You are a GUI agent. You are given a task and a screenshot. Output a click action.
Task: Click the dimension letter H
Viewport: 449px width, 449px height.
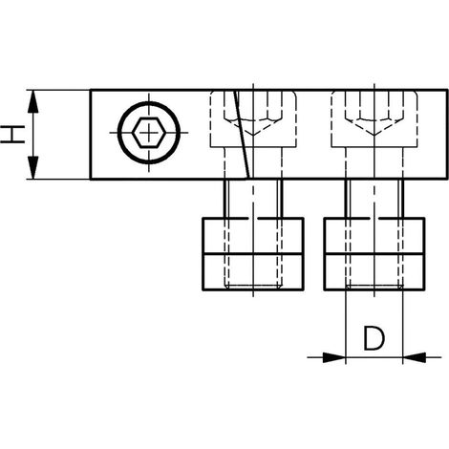(x=12, y=134)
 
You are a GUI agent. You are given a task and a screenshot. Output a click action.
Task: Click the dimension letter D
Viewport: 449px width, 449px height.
(x=374, y=338)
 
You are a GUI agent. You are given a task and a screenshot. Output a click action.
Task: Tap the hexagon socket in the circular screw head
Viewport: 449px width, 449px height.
(x=149, y=132)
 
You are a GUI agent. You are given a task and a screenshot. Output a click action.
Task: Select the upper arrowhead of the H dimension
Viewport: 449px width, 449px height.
(x=33, y=101)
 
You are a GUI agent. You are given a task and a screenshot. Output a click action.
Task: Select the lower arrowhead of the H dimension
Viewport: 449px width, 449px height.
(x=33, y=167)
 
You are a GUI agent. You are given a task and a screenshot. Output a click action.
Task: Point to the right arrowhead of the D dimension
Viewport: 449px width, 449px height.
(x=415, y=357)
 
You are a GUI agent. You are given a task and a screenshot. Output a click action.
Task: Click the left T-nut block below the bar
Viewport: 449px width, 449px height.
(x=253, y=254)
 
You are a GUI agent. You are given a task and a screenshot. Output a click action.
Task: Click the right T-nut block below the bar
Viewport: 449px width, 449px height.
(x=374, y=254)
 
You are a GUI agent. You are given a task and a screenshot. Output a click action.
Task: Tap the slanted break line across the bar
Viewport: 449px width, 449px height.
(x=243, y=135)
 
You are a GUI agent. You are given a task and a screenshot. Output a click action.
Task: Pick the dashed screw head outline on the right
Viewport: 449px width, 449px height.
(x=374, y=119)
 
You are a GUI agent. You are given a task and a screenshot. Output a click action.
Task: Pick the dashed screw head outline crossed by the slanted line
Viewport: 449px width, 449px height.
(x=253, y=119)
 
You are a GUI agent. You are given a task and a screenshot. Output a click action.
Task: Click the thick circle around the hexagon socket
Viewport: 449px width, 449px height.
(x=149, y=103)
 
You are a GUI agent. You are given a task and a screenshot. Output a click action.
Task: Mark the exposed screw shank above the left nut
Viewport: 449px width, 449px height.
(x=253, y=199)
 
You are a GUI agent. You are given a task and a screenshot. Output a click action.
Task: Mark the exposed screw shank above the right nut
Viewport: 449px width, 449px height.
(x=374, y=199)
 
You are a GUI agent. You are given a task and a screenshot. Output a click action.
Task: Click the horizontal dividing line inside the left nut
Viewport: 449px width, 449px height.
(x=253, y=254)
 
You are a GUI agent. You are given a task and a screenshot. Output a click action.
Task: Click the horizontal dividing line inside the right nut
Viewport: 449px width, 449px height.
(x=374, y=254)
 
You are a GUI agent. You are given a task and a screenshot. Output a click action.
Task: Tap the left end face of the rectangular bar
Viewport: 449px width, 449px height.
(x=91, y=135)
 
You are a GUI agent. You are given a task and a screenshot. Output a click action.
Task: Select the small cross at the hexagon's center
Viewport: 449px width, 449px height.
(x=149, y=132)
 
